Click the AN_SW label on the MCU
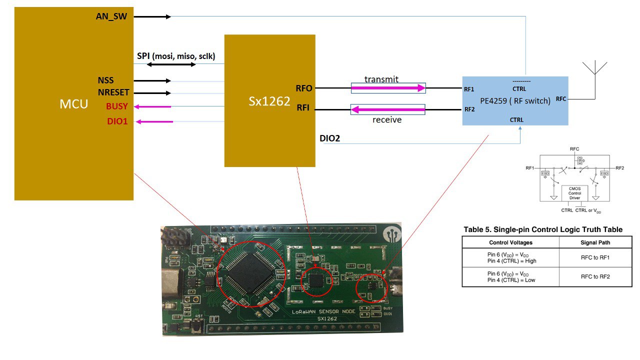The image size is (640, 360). [x=111, y=16]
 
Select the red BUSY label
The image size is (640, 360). [x=116, y=106]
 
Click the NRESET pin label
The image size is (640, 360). [x=113, y=92]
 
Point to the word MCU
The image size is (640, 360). [x=74, y=104]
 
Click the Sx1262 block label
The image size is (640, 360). [x=269, y=101]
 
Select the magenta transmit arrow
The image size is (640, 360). [x=388, y=88]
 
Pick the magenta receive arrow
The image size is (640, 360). [x=388, y=109]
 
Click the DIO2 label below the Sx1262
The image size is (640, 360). [x=329, y=138]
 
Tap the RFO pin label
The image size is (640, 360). [x=304, y=88]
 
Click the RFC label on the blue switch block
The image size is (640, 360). [x=561, y=99]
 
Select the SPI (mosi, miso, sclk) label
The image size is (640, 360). [x=176, y=56]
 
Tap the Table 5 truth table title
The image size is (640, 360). [x=543, y=229]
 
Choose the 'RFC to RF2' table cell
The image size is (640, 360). [x=595, y=276]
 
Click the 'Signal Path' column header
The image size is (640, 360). [x=595, y=242]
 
